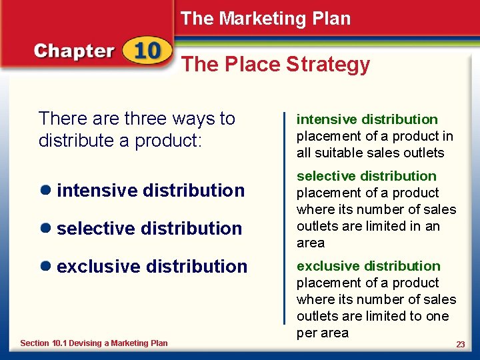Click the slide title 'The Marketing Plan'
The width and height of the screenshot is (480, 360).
tap(265, 19)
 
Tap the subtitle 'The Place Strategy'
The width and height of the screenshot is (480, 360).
tap(275, 64)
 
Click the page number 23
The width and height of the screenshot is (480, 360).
tap(460, 344)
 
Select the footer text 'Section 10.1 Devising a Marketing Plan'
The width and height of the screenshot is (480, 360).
tap(94, 343)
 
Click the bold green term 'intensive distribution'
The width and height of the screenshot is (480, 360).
tap(367, 119)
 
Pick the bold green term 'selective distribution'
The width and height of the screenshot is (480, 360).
tap(366, 176)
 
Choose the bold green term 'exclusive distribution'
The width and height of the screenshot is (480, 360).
tap(368, 266)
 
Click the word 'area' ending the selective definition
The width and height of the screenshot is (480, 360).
tap(311, 243)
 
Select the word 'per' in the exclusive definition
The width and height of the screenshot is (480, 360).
tap(307, 333)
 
